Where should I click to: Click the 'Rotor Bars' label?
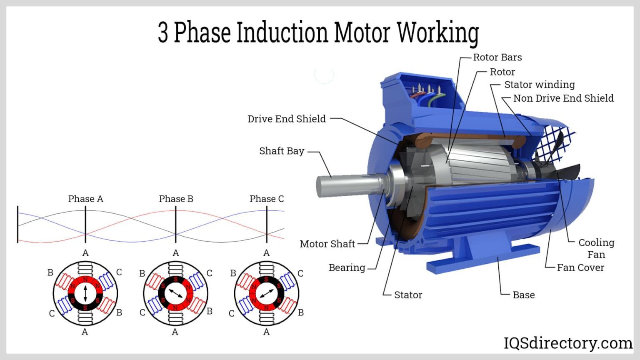pyautogui.click(x=497, y=57)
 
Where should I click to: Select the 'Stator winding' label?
pyautogui.click(x=539, y=85)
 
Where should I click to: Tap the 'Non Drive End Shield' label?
pyautogui.click(x=563, y=98)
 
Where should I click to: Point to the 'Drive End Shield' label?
pyautogui.click(x=286, y=119)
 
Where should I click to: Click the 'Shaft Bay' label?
pyautogui.click(x=282, y=151)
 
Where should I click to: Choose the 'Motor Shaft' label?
pyautogui.click(x=327, y=244)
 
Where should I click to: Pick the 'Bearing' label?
pyautogui.click(x=347, y=267)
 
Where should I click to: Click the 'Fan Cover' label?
pyautogui.click(x=580, y=267)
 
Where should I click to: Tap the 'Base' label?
pyautogui.click(x=524, y=295)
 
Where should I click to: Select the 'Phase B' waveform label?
pyautogui.click(x=176, y=199)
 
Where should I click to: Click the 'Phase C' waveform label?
pyautogui.click(x=267, y=199)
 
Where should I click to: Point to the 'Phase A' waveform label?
pyautogui.click(x=85, y=199)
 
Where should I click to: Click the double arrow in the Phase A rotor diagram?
pyautogui.click(x=85, y=294)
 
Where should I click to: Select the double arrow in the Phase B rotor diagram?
pyautogui.click(x=175, y=294)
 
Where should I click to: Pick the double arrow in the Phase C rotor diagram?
pyautogui.click(x=266, y=294)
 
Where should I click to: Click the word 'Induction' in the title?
pyautogui.click(x=282, y=32)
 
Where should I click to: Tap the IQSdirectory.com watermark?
pyautogui.click(x=568, y=343)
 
